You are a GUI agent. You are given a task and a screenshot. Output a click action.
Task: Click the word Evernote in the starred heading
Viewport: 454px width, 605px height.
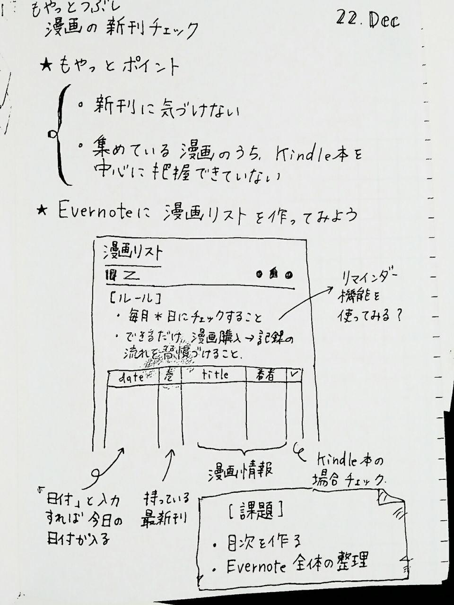pos(100,212)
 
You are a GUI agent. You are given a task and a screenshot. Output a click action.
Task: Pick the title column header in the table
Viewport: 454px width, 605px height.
pos(215,375)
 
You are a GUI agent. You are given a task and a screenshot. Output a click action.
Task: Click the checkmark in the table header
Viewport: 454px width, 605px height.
pos(294,374)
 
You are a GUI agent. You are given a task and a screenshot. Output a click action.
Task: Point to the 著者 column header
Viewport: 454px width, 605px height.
pos(266,375)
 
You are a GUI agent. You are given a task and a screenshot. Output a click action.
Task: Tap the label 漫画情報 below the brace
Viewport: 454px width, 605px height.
pos(240,472)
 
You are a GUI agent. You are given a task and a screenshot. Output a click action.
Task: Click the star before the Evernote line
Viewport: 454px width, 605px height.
pos(43,211)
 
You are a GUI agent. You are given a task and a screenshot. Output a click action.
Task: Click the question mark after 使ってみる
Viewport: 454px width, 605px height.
pos(400,316)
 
